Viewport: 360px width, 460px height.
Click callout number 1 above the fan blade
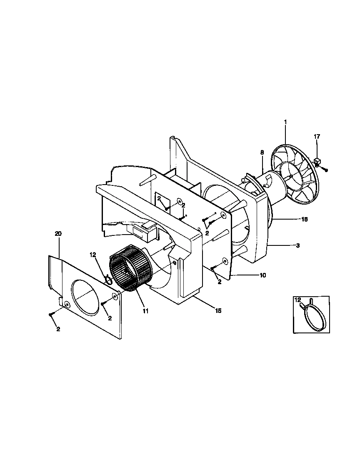[285, 122]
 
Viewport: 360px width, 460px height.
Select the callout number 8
[262, 152]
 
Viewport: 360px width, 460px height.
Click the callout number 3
[298, 246]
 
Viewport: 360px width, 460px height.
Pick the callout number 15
[218, 310]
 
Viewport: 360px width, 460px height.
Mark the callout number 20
[58, 234]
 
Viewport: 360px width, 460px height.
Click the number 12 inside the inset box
[297, 300]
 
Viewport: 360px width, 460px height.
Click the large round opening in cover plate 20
[86, 296]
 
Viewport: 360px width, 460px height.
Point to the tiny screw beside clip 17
[326, 170]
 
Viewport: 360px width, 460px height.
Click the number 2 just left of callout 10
[220, 282]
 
